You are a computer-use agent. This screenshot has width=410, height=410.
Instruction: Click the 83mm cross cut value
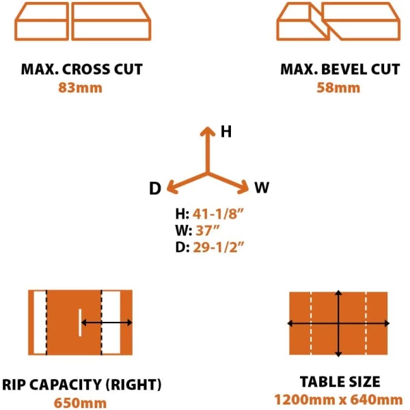pos(80,88)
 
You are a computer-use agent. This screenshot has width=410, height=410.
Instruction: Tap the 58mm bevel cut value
pos(338,88)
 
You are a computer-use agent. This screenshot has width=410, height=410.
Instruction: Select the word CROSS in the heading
pos(84,69)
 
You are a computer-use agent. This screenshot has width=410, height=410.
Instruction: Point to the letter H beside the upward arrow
pos(226,131)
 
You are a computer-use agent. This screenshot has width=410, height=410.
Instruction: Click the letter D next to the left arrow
pos(155,189)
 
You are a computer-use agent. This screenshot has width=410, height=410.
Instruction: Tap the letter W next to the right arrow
pos(262,187)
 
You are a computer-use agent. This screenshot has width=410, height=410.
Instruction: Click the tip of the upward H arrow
pos(208,127)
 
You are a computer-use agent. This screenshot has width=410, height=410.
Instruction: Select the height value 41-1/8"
pos(218,214)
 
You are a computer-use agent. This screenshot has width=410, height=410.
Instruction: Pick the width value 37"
pos(208,230)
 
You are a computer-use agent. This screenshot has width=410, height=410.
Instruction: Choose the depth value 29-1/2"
pos(219,247)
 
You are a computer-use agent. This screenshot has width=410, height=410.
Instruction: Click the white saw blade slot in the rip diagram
pos(80,323)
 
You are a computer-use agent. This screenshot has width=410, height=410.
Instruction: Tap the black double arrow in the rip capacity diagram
pos(107,323)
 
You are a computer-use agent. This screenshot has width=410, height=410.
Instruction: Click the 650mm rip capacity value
pos(80,403)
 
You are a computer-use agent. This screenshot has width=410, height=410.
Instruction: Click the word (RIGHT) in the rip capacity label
pos(134,385)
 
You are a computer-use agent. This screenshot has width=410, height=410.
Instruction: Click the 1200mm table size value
pos(305,400)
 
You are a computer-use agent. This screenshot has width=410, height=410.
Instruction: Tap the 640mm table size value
pos(377,400)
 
